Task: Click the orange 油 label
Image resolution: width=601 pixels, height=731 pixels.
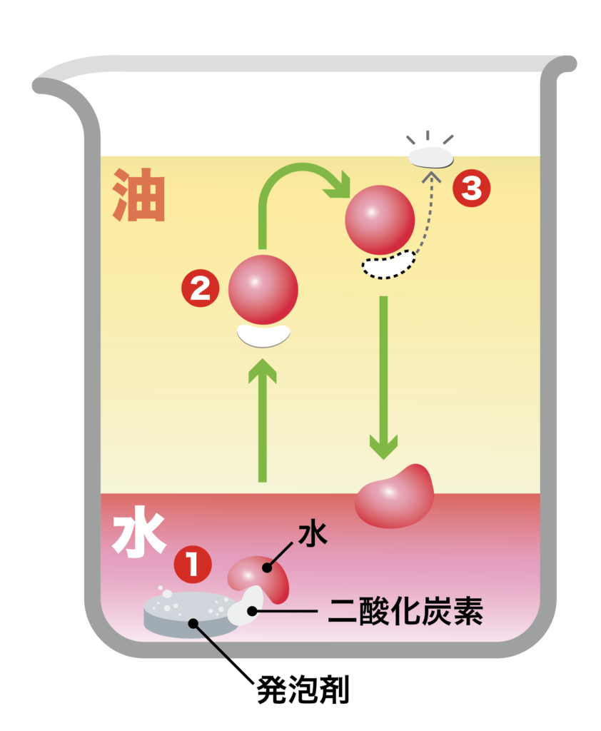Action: point(138,196)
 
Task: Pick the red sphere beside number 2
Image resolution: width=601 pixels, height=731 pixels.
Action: point(263,289)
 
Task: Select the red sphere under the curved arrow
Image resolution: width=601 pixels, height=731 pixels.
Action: point(379,220)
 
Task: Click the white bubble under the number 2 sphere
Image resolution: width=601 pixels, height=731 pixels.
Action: point(263,335)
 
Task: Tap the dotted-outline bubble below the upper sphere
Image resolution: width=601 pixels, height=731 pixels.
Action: point(388,264)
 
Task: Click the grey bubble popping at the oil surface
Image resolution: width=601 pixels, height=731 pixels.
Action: point(430,157)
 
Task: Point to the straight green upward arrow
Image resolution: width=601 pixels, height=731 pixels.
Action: point(263,421)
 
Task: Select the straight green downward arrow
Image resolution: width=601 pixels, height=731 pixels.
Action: point(383,378)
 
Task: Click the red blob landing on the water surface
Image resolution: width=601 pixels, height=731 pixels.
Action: point(396,497)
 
